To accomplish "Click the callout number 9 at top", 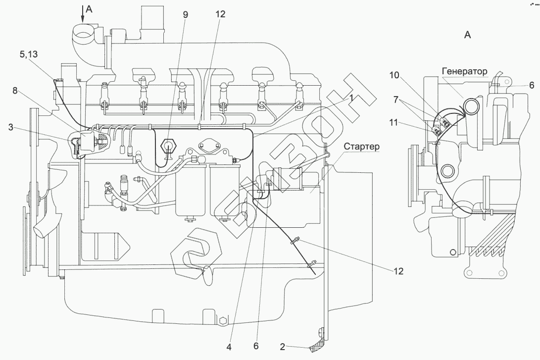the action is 186,14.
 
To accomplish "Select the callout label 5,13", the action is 29,54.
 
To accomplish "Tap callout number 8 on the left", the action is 15,91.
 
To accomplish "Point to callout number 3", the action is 11,127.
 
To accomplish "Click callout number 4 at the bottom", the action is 229,347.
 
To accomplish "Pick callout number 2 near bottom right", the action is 283,347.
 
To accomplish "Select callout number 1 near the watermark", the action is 351,98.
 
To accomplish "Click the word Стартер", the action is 362,146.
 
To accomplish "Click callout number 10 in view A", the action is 394,75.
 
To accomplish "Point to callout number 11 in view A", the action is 394,122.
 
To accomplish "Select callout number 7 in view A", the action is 395,100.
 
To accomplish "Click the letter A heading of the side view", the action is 467,35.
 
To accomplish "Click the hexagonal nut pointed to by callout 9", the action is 168,146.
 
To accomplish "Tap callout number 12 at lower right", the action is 398,271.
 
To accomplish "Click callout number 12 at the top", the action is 220,14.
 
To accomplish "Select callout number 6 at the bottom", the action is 256,346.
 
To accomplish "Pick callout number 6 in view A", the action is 532,85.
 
